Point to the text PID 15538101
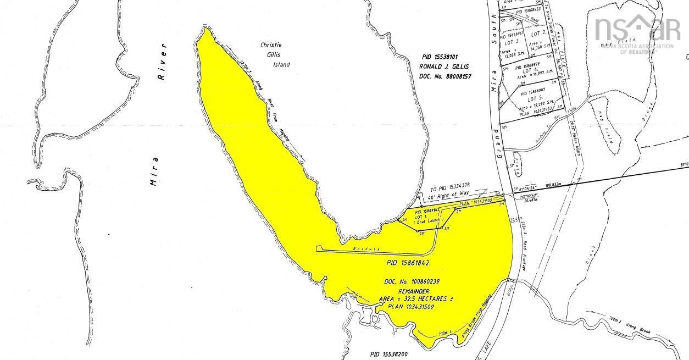[443, 56]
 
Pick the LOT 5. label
[535, 99]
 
